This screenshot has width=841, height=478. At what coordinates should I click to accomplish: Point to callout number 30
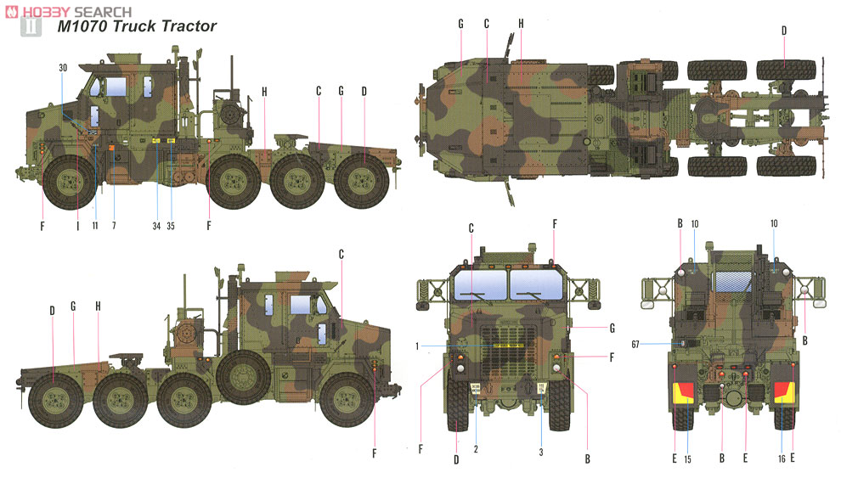click(63, 67)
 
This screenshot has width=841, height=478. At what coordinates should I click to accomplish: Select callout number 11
click(95, 225)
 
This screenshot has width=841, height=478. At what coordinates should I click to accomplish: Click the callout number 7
click(113, 225)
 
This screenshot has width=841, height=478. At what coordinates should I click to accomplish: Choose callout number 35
click(172, 225)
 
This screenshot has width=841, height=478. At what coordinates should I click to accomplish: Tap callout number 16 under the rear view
click(781, 460)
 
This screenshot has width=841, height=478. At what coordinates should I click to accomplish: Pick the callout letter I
click(77, 225)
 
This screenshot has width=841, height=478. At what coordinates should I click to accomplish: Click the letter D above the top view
click(783, 30)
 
